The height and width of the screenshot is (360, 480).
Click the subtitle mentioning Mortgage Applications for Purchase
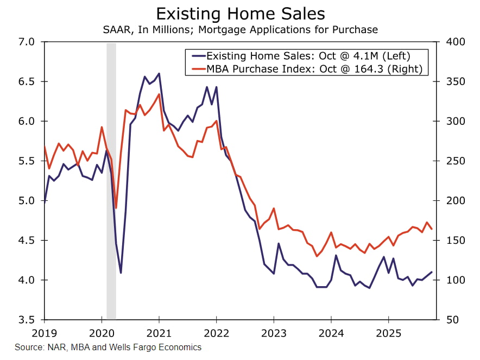[x=239, y=29]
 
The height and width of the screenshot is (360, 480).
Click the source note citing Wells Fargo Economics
[x=108, y=347]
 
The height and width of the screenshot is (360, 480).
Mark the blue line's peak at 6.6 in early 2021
[x=159, y=73]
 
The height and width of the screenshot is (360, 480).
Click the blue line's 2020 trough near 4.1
[x=121, y=273]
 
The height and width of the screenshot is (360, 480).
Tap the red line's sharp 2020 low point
[x=116, y=208]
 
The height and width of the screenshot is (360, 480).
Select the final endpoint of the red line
[x=432, y=229]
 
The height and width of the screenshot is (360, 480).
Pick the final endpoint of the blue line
[x=432, y=272]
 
